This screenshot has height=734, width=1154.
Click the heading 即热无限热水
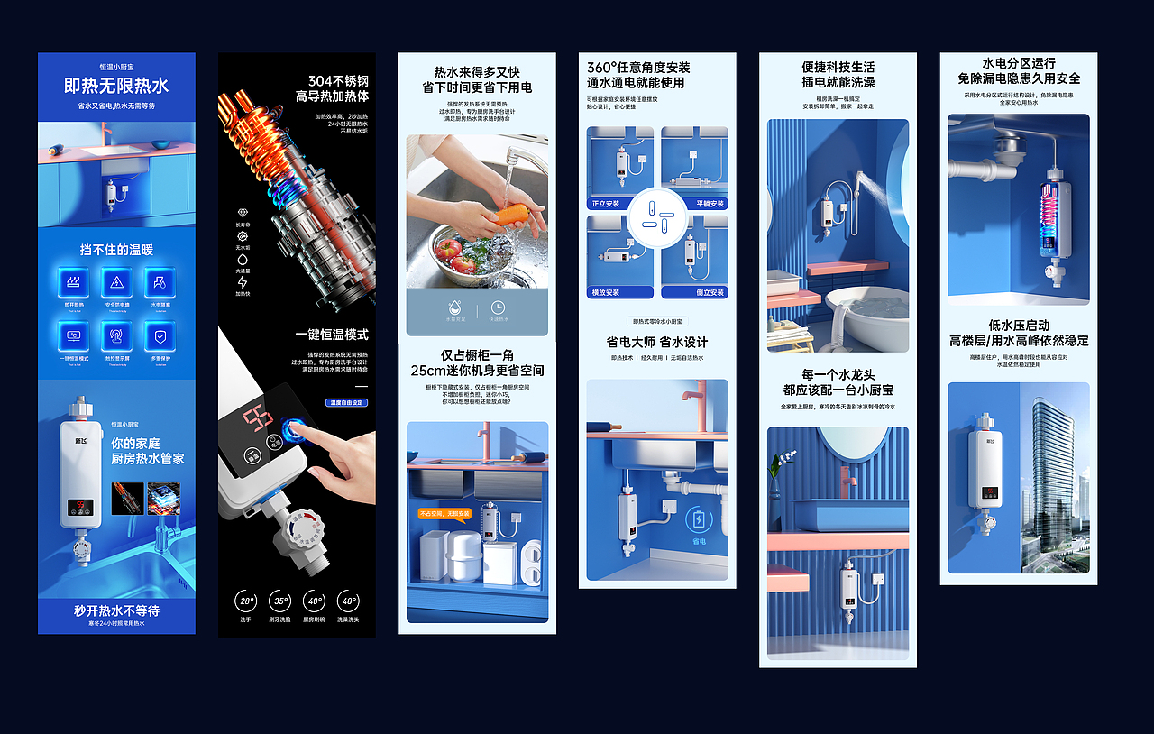(x=116, y=87)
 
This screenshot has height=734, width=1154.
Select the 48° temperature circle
(x=348, y=601)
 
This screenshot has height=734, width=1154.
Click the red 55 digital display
(x=258, y=417)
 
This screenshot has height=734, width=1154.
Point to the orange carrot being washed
(x=510, y=215)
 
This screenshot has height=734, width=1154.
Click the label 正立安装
(x=606, y=204)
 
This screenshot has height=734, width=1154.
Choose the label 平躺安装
(x=710, y=204)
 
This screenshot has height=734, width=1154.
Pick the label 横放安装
(x=606, y=292)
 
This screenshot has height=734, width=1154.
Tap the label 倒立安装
(x=710, y=292)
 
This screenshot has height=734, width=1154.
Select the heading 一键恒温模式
(x=331, y=335)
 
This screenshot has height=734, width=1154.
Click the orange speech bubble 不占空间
(x=444, y=514)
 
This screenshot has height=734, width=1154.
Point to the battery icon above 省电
(x=698, y=519)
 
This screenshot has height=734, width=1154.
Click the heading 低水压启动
(x=1019, y=326)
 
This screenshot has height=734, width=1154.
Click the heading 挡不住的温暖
(x=116, y=250)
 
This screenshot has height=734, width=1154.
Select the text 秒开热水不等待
(x=116, y=610)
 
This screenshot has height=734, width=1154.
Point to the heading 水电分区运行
(x=1019, y=63)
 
